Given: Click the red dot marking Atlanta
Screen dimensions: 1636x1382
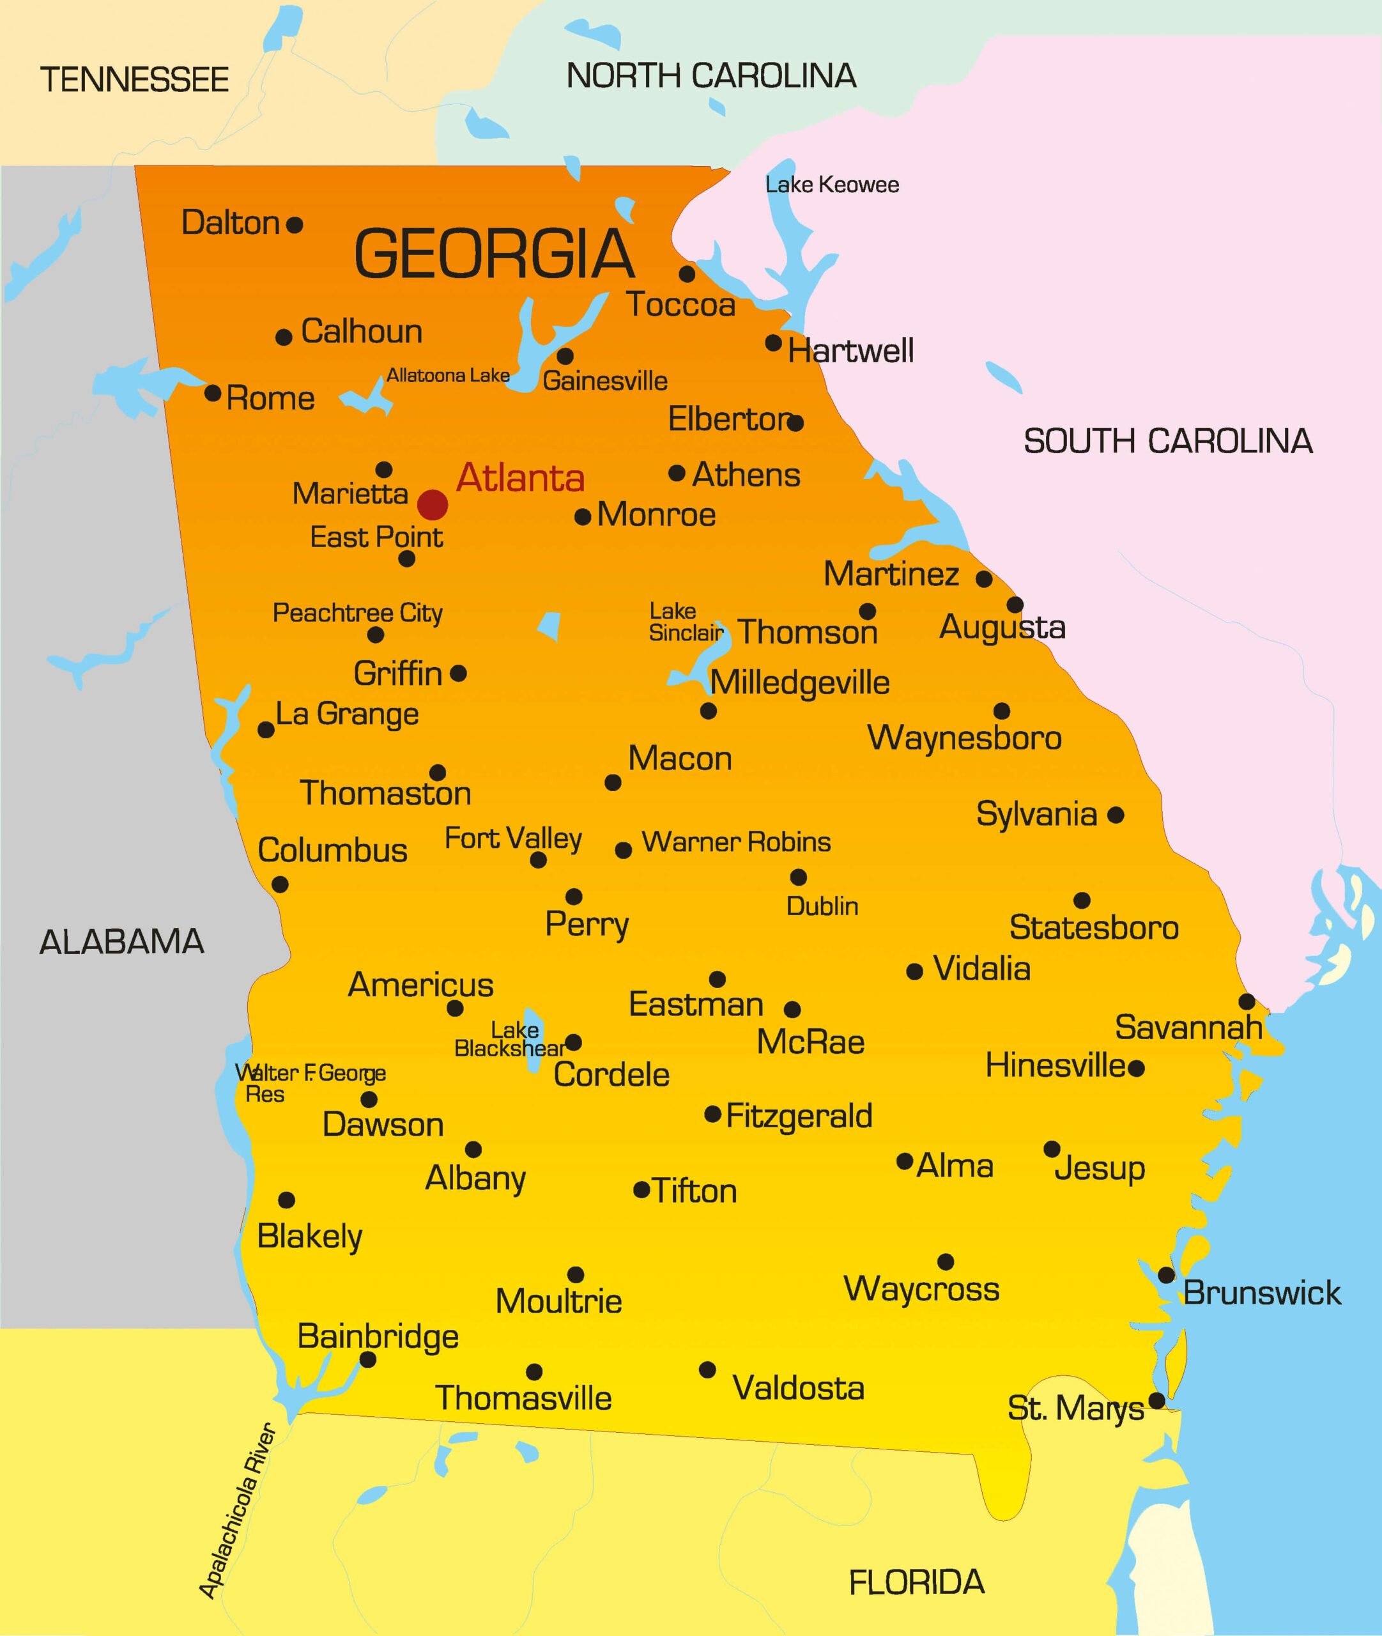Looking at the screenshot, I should coord(433,505).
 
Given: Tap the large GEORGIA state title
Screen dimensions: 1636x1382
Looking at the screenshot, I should coord(495,254).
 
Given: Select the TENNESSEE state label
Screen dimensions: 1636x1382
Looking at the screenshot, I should coord(134,80).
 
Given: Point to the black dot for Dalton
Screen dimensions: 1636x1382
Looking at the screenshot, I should coord(295,226).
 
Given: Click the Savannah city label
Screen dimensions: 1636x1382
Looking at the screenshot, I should coord(1188,1027).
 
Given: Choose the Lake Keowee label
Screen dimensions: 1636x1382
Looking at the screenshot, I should coord(832,185).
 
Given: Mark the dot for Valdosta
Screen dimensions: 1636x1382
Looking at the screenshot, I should coord(707,1370).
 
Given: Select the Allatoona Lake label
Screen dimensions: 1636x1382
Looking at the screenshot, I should coord(448,375).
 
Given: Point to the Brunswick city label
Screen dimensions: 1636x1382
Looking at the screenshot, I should coord(1262,1293).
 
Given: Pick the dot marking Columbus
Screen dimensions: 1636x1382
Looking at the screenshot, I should coord(280,884).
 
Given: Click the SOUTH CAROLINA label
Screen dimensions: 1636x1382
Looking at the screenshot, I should coord(1168,441).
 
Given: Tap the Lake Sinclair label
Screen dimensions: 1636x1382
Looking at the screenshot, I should coord(685,622).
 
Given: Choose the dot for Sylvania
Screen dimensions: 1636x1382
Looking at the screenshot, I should coord(1116,815).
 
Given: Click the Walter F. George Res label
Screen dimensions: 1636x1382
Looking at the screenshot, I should coord(311,1083).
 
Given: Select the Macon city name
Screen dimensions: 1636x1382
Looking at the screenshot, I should coord(680,759).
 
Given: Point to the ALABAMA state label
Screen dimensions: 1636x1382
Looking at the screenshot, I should coord(121,942).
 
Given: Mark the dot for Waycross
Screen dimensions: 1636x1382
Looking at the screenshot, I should coord(946,1262).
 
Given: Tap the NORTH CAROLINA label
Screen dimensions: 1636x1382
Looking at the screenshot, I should coord(711,76).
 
